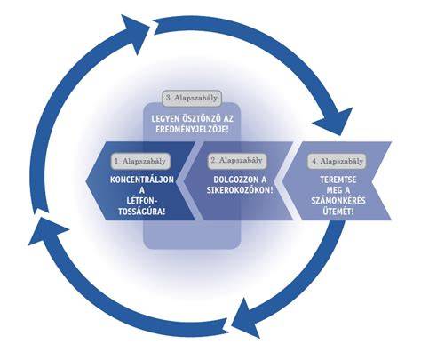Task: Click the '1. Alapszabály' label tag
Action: point(140,161)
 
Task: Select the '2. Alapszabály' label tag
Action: point(237,161)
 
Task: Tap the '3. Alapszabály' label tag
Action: point(192,98)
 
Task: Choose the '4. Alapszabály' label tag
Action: point(337,162)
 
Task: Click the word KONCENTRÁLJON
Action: point(142,180)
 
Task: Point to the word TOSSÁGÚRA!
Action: point(142,212)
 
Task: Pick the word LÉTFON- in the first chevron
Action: point(142,201)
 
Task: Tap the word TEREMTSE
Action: point(338,180)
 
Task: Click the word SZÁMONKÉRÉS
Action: point(338,201)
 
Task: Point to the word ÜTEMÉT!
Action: point(338,212)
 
